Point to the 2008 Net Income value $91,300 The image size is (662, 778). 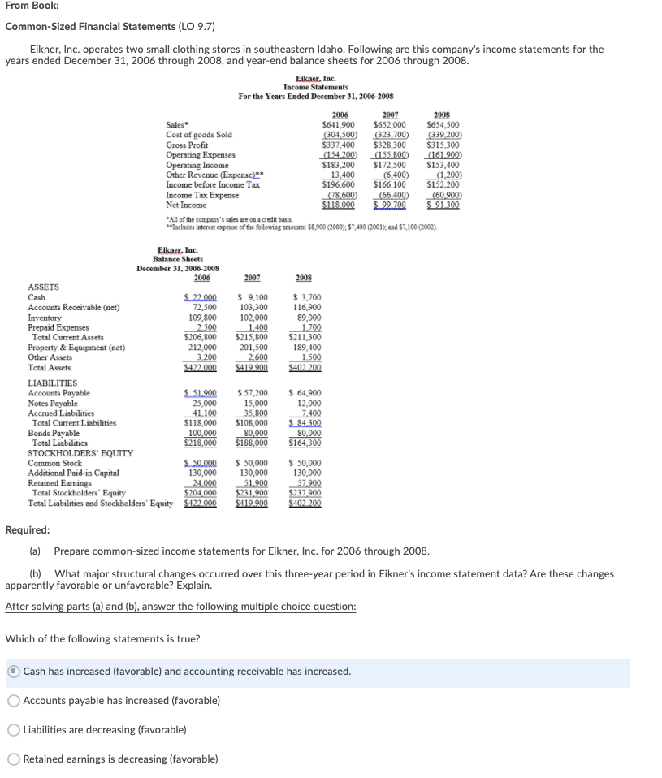(x=443, y=205)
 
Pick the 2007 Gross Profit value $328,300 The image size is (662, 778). (x=390, y=144)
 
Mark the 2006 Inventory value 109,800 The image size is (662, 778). (x=201, y=318)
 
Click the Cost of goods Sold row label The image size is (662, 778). (x=199, y=134)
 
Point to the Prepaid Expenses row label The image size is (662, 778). (x=61, y=327)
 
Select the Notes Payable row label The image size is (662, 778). (x=53, y=404)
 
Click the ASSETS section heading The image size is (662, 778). (x=44, y=287)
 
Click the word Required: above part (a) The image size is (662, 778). (x=28, y=530)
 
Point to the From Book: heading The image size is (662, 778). (x=32, y=7)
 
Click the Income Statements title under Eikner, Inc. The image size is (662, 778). (x=316, y=87)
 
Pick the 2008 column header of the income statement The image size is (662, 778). (x=443, y=115)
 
